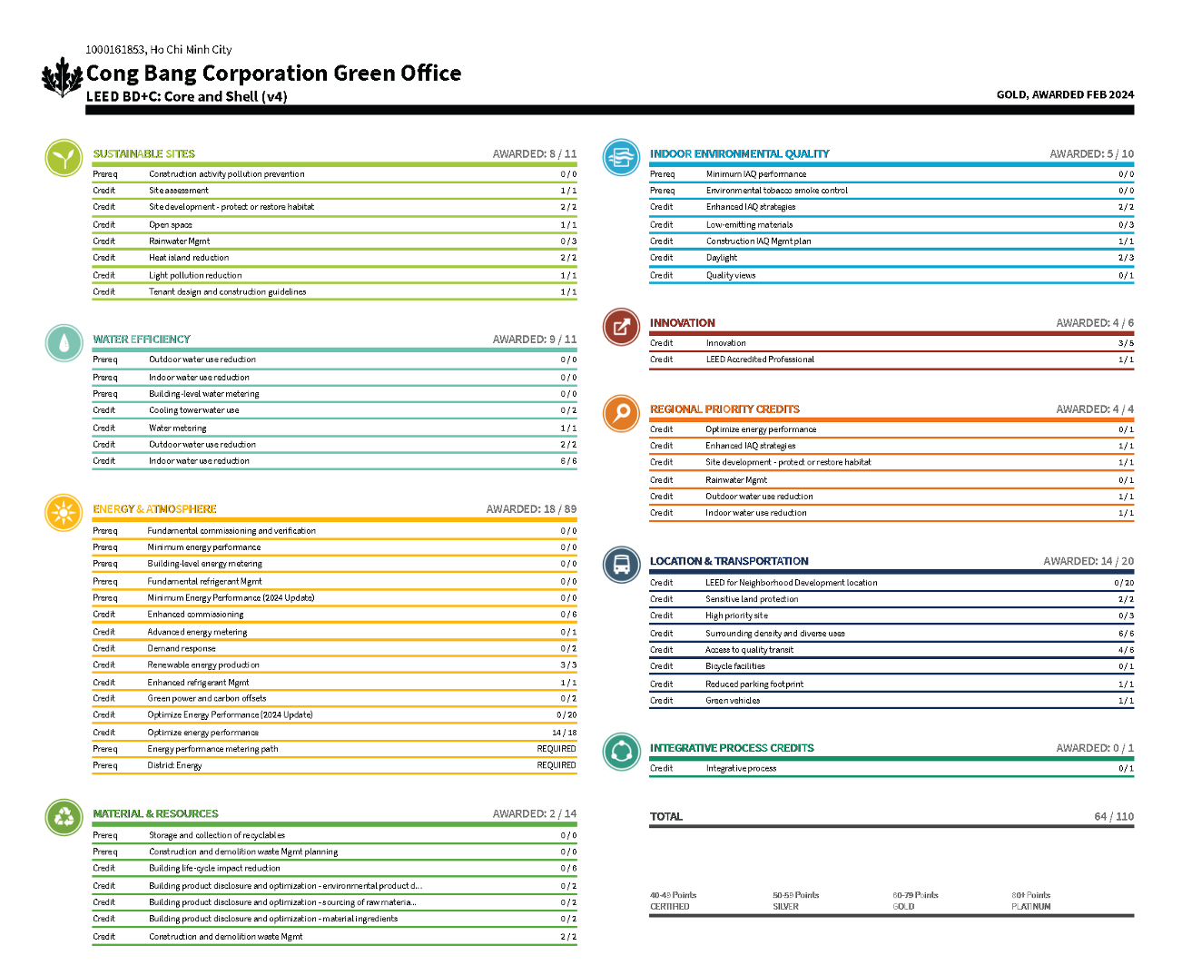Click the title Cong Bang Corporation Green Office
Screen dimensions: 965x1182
coord(273,74)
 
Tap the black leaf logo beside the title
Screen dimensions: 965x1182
coord(62,77)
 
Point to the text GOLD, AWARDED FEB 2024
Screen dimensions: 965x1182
coord(1065,94)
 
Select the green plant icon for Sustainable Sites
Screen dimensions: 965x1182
coord(64,158)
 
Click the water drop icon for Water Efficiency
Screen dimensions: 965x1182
coord(64,343)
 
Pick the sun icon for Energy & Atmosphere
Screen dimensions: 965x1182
coord(64,513)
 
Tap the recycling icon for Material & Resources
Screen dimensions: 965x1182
coord(64,817)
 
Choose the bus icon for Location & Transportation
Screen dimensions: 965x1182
coord(621,565)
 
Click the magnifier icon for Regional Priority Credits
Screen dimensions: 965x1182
coord(621,413)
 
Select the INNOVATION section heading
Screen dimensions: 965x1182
coord(682,323)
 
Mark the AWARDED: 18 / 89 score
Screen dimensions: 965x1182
coord(531,509)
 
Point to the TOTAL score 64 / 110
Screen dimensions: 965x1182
coord(1114,817)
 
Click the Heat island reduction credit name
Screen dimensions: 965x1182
coord(189,258)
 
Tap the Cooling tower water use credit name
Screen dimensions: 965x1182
coord(194,410)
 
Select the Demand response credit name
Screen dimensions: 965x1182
coord(182,649)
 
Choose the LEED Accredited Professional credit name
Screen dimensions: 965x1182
coord(760,359)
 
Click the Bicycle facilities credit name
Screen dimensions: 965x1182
coord(734,666)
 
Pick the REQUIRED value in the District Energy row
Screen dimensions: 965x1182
coord(557,765)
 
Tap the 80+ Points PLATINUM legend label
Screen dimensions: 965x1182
coord(1031,901)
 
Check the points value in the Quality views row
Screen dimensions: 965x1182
coord(1126,276)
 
